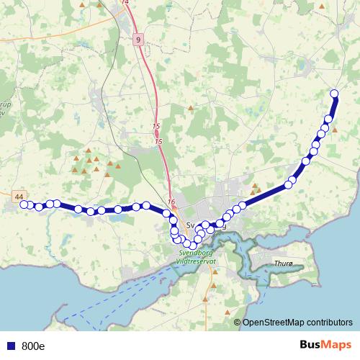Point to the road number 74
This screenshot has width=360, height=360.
pyautogui.click(x=127, y=3)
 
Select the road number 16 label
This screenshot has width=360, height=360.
pyautogui.click(x=171, y=202)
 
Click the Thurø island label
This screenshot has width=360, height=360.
pyautogui.click(x=283, y=264)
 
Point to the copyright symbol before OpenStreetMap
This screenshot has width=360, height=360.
pyautogui.click(x=237, y=323)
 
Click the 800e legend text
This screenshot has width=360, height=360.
pyautogui.click(x=33, y=346)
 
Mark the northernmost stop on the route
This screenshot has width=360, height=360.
pyautogui.click(x=334, y=93)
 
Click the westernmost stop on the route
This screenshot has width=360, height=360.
pyautogui.click(x=23, y=204)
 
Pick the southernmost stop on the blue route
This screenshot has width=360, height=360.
pyautogui.click(x=193, y=246)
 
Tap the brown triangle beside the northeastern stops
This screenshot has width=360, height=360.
pyautogui.click(x=335, y=130)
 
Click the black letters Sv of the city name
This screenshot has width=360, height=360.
pyautogui.click(x=191, y=225)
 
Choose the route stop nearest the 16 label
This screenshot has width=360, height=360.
pyautogui.click(x=167, y=213)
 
